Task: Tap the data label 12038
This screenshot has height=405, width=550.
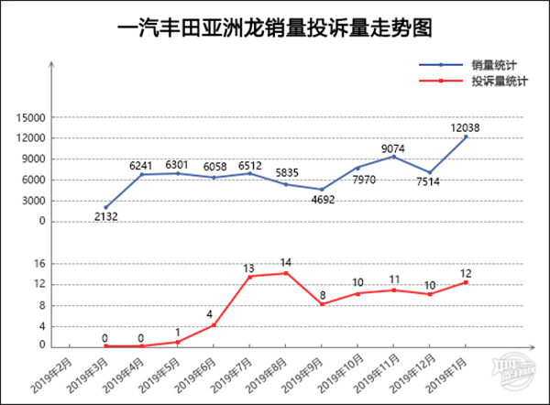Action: tap(467, 127)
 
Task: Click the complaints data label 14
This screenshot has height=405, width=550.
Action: tap(286, 262)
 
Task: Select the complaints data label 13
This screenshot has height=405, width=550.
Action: tap(248, 268)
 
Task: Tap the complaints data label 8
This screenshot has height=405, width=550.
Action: tap(322, 294)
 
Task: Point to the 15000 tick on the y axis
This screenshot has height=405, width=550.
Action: tap(33, 118)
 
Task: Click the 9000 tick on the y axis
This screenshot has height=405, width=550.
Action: tap(36, 159)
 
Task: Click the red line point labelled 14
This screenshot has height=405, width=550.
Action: tap(286, 273)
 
